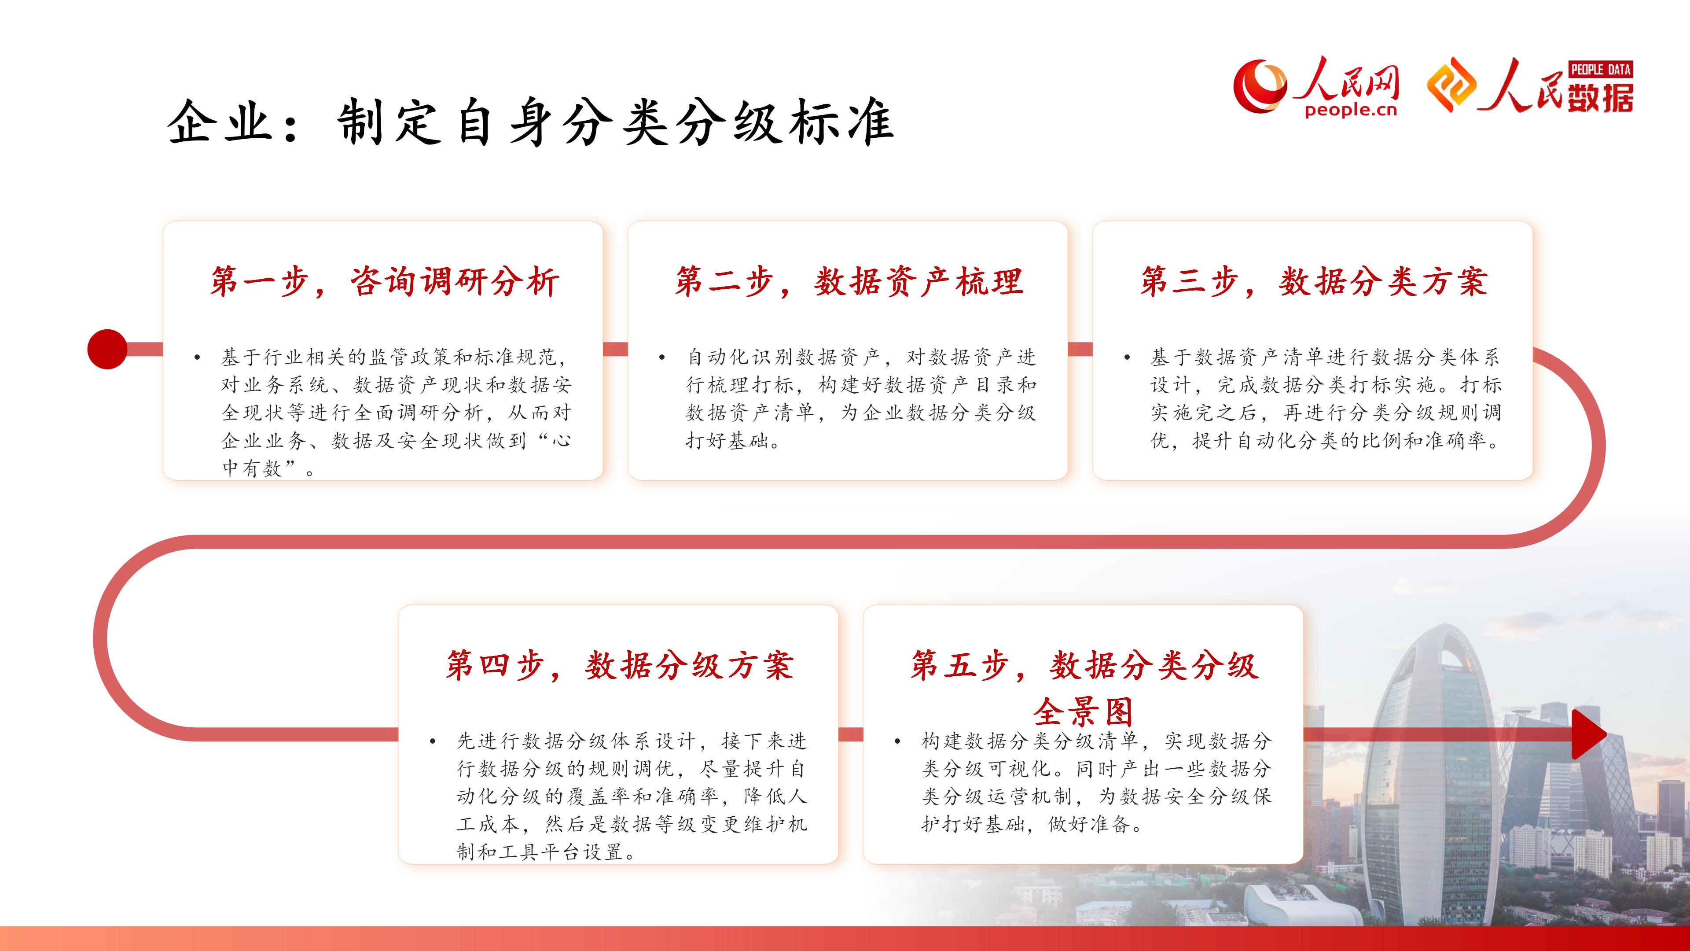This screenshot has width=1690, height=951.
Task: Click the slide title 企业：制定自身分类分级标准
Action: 530,122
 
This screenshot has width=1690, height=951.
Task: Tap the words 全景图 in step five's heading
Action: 1084,710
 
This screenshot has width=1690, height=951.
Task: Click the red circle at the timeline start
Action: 107,349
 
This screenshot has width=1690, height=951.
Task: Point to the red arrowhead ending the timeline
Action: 1589,734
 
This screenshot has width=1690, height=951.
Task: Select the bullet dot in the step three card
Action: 1127,358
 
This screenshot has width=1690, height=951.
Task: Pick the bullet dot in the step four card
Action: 433,741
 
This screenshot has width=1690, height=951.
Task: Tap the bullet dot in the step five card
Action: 897,741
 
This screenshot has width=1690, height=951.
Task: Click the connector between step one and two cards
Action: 615,349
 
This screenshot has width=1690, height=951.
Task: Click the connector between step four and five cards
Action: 850,734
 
